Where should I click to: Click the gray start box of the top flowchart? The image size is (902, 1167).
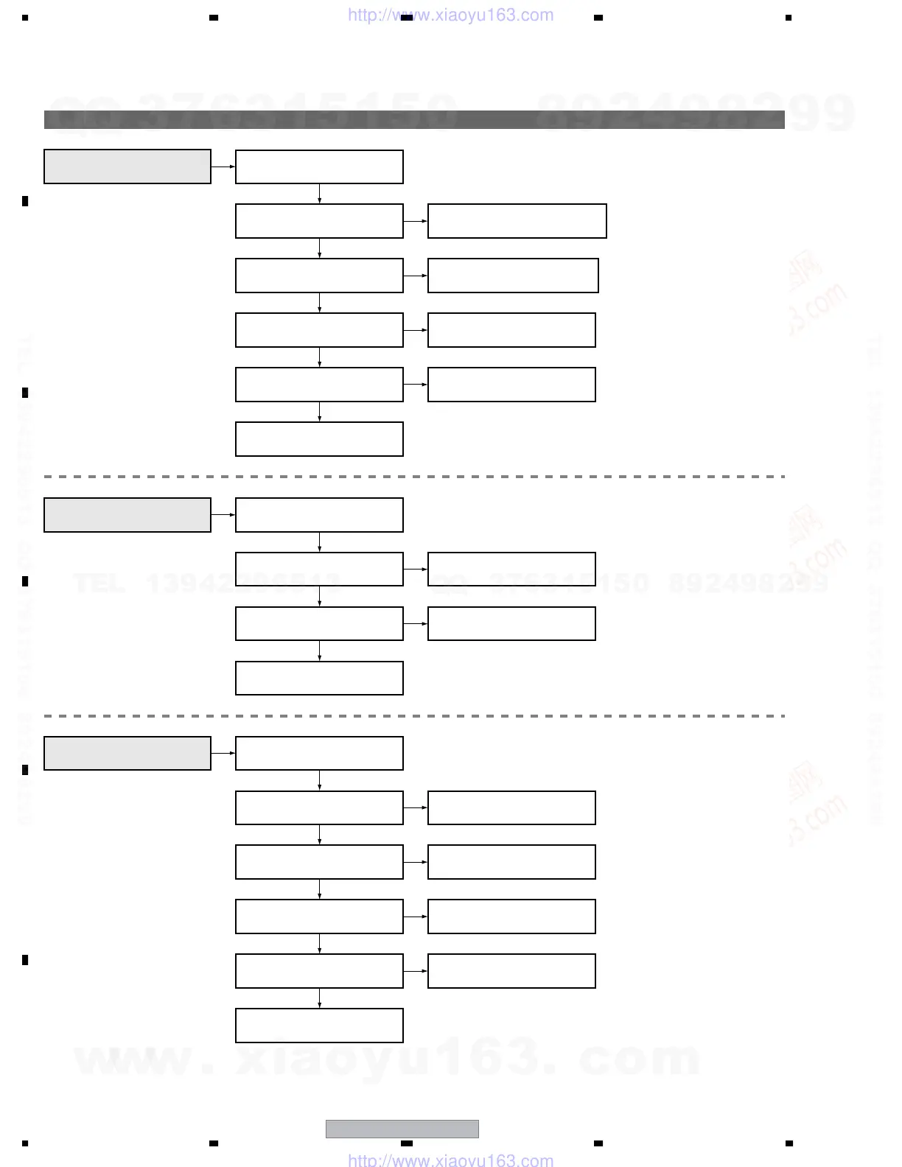127,167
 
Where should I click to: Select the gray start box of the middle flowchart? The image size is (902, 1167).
127,515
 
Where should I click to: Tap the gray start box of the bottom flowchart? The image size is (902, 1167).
127,753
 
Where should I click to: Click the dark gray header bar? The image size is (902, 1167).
414,119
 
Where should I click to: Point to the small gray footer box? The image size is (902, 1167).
402,1129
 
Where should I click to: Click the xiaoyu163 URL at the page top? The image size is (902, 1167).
450,15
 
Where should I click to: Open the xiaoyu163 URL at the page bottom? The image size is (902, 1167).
450,1160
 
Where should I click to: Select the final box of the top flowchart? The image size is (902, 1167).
319,439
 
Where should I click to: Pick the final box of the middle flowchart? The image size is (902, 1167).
319,678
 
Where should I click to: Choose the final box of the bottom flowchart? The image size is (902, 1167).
319,1026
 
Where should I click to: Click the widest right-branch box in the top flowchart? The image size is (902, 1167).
517,221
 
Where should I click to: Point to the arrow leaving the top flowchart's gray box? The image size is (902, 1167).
223,167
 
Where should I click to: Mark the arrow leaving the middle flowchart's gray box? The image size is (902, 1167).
223,515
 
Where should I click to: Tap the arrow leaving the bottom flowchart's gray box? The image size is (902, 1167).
223,753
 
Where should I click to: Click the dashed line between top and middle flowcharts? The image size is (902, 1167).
414,477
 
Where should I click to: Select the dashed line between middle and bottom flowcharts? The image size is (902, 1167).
414,715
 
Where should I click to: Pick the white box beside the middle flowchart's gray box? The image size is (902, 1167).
319,515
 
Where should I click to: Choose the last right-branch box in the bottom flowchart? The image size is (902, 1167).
511,971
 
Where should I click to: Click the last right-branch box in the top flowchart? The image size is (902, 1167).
511,385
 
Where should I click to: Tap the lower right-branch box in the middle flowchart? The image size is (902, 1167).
511,623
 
